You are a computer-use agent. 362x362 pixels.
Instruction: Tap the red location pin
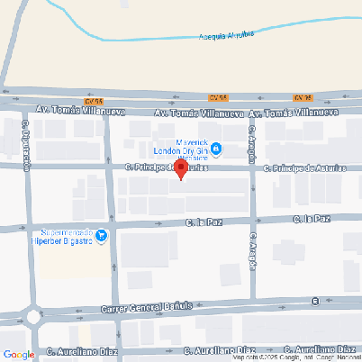[180, 168]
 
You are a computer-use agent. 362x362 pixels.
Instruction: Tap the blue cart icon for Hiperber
[102, 237]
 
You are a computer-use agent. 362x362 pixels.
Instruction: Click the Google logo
[18, 354]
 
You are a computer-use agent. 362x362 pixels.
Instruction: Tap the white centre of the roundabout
[33, 317]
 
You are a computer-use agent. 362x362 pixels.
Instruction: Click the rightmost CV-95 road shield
[303, 96]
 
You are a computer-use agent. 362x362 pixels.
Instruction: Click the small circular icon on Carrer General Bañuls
[314, 301]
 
